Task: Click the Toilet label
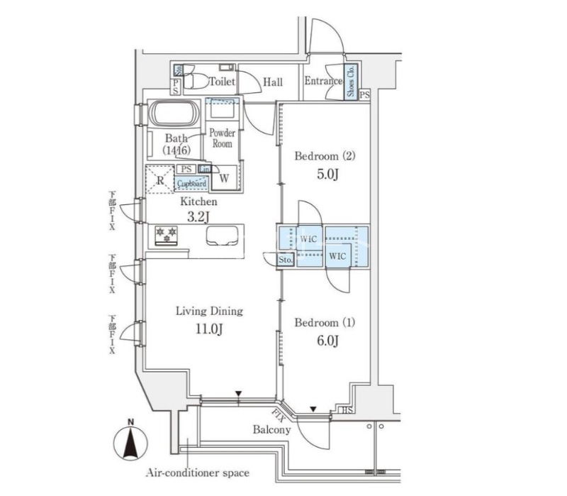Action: [x=222, y=82]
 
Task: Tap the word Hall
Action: [x=273, y=82]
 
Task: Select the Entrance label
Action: [x=323, y=82]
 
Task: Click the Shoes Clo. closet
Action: [x=351, y=82]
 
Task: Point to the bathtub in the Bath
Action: [x=174, y=114]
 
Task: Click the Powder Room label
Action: [x=221, y=138]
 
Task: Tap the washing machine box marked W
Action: [x=224, y=177]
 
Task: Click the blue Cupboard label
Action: [x=191, y=184]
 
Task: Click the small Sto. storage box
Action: [x=286, y=260]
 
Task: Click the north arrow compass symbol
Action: [x=131, y=441]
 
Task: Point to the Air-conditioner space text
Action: [x=198, y=473]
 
